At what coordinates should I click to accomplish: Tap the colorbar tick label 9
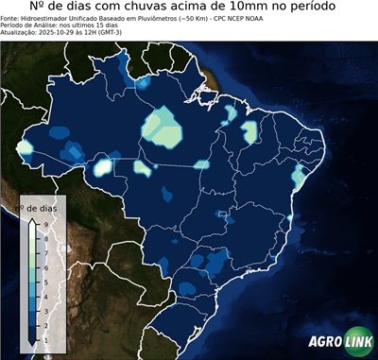[x=44, y=222]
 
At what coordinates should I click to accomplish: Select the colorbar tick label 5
[x=44, y=281]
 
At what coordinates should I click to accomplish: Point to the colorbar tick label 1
[x=44, y=338]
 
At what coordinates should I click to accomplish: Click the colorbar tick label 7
[x=44, y=251]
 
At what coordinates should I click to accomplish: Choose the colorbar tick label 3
[x=44, y=309]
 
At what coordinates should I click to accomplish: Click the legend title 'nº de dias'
[x=42, y=207]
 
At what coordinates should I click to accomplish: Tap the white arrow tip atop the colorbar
[x=31, y=219]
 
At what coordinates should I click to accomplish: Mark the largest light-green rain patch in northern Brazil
[x=163, y=128]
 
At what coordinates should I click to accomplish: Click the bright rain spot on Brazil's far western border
[x=25, y=148]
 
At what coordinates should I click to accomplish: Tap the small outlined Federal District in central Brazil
[x=223, y=214]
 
